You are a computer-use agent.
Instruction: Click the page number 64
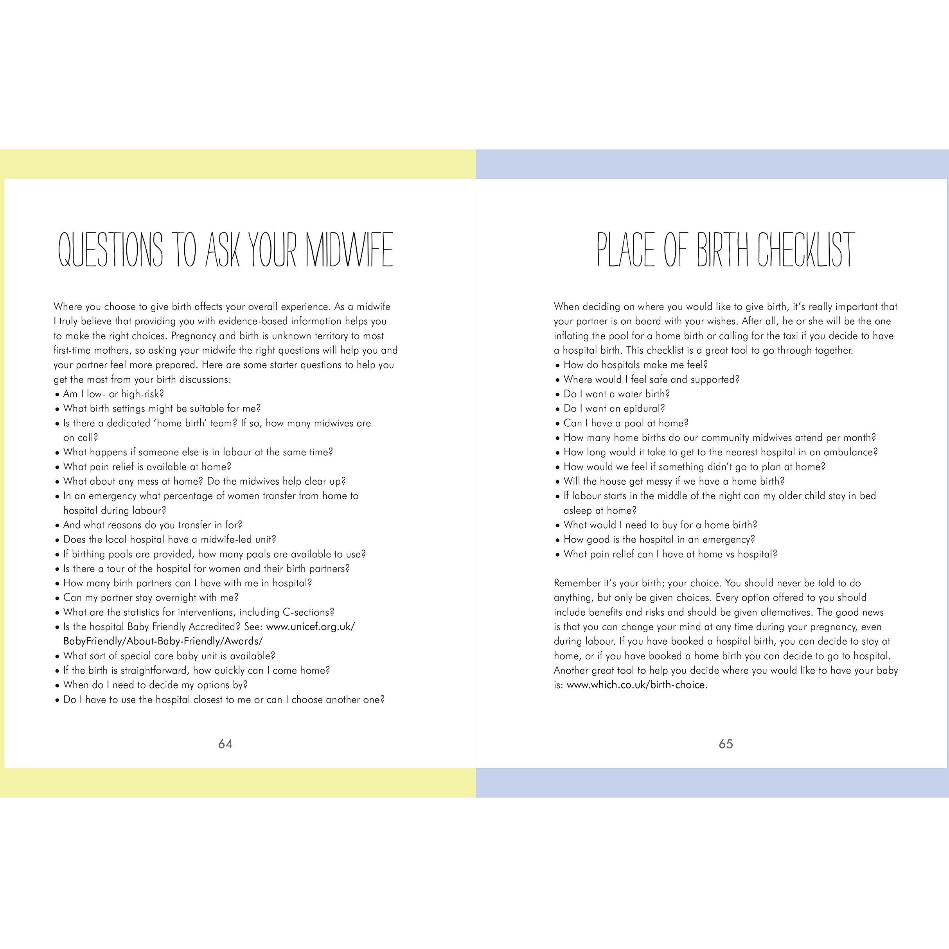pyautogui.click(x=225, y=744)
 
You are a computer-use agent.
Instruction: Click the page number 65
pyautogui.click(x=726, y=744)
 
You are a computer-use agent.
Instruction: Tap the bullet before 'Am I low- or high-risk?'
pyautogui.click(x=57, y=394)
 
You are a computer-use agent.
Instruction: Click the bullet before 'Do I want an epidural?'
pyautogui.click(x=557, y=409)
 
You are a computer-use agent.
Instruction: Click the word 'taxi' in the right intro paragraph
pyautogui.click(x=797, y=336)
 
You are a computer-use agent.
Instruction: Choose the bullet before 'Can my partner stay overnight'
pyautogui.click(x=57, y=598)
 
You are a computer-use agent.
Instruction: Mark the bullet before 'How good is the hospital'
pyautogui.click(x=557, y=540)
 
